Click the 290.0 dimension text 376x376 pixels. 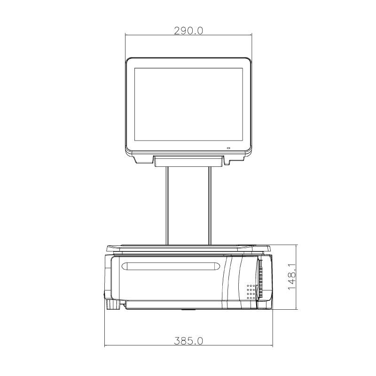pos(188,31)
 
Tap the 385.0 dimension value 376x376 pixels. pos(188,341)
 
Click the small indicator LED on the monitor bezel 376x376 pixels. pos(229,149)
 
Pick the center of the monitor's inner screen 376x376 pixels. pos(188,104)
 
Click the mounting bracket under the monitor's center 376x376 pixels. pos(188,161)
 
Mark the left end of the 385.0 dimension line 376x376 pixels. pos(104,346)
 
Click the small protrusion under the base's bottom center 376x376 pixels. pos(188,310)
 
